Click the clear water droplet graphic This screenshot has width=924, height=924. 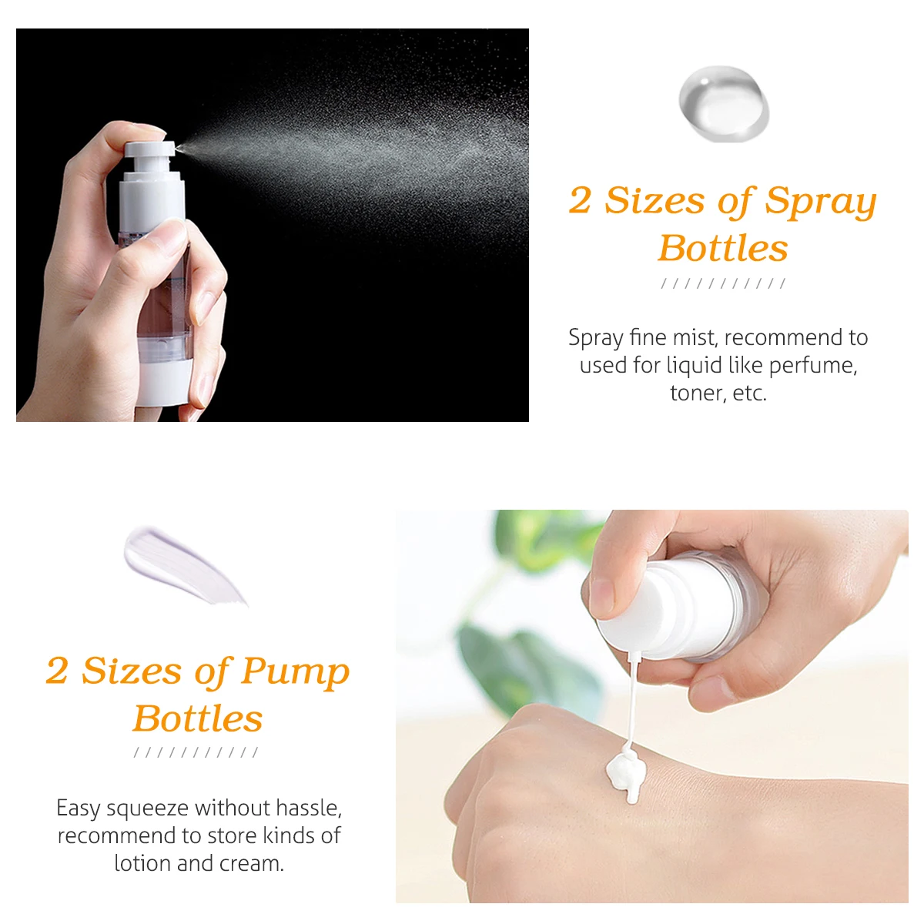723,104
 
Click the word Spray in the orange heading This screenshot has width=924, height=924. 820,202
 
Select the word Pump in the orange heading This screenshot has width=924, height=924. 295,671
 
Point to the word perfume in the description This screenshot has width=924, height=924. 813,367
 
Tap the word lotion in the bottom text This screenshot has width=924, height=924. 142,864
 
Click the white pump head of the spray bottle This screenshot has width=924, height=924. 149,149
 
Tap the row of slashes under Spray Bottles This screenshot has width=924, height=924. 723,283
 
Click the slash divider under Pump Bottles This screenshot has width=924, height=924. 196,752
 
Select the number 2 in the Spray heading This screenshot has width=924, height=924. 580,200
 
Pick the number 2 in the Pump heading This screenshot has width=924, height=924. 56,671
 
